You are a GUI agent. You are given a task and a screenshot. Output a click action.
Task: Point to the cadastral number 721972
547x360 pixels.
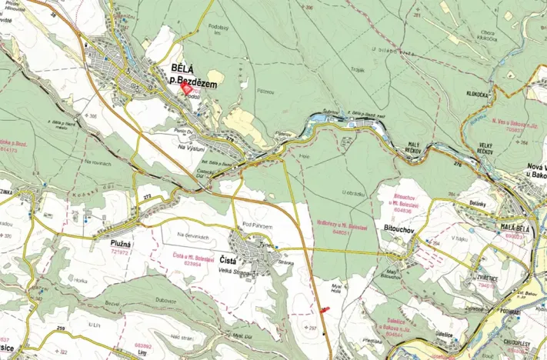(119, 252)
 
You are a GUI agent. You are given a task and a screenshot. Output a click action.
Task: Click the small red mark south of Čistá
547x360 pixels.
(323, 308)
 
